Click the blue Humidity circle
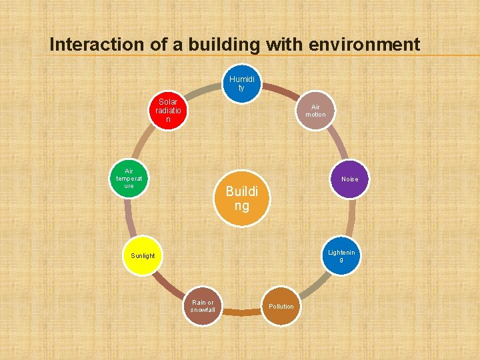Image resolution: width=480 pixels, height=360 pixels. [x=241, y=83]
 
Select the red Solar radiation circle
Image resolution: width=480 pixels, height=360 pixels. [x=168, y=111]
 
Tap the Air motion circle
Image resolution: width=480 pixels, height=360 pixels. [x=315, y=110]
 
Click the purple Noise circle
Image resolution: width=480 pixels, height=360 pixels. [x=349, y=179]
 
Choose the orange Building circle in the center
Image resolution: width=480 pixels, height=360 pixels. [x=241, y=198]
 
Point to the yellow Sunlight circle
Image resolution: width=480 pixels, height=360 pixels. [x=143, y=255]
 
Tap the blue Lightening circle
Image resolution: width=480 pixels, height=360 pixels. [x=341, y=255]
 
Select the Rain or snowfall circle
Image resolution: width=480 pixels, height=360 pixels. [x=202, y=307]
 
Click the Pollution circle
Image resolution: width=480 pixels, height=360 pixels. [x=281, y=307]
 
